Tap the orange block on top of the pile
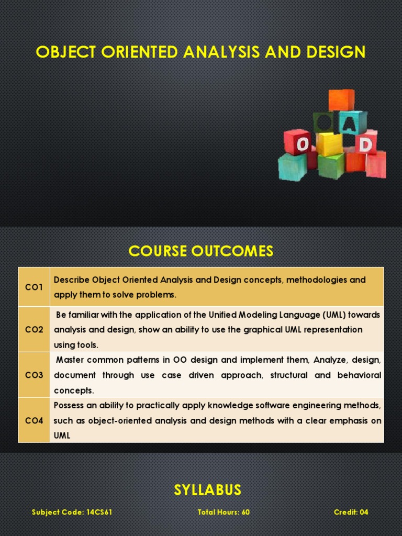pos(341,100)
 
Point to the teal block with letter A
pos(352,122)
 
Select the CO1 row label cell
pos(34,287)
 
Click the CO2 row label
pos(34,330)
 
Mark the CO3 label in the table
pos(34,375)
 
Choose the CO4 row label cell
pos(34,420)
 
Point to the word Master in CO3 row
pos(70,360)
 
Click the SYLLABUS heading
pos(208,490)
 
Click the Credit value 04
pos(363,512)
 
